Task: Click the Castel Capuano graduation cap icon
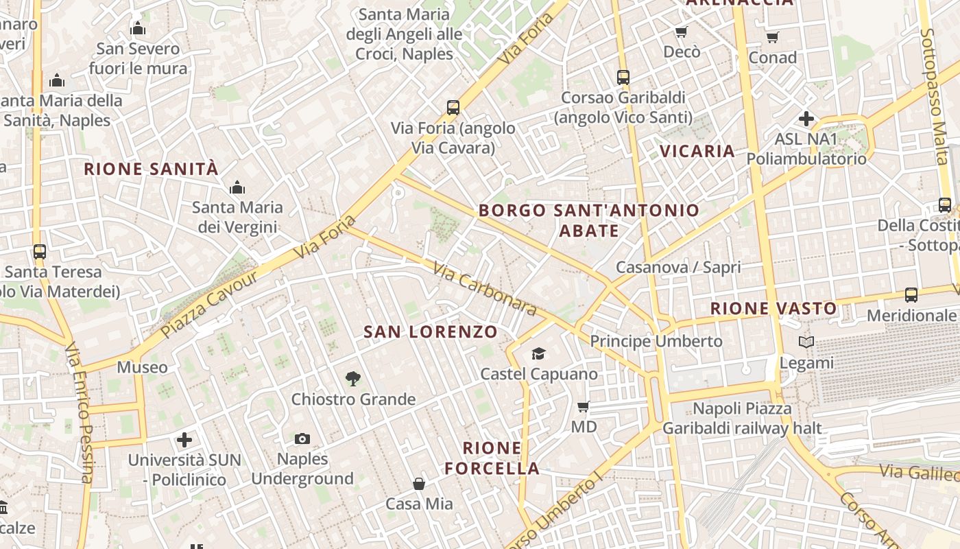click(538, 354)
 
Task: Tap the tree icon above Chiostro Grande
click(353, 378)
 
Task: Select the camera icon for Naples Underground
click(302, 439)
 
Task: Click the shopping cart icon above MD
click(584, 407)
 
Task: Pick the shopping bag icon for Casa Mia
click(419, 484)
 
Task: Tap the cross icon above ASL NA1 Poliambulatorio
click(806, 119)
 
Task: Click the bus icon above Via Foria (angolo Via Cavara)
click(453, 107)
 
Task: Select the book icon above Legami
click(806, 342)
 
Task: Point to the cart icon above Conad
click(773, 37)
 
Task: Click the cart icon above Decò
click(682, 32)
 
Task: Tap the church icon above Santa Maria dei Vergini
click(237, 187)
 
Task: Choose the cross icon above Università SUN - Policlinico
click(184, 439)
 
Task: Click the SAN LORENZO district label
click(431, 332)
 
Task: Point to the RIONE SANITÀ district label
click(151, 169)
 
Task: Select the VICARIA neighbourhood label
click(697, 151)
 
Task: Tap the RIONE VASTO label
click(773, 309)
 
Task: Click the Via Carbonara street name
click(485, 290)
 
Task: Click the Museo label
click(142, 367)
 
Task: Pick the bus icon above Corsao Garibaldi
click(623, 78)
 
